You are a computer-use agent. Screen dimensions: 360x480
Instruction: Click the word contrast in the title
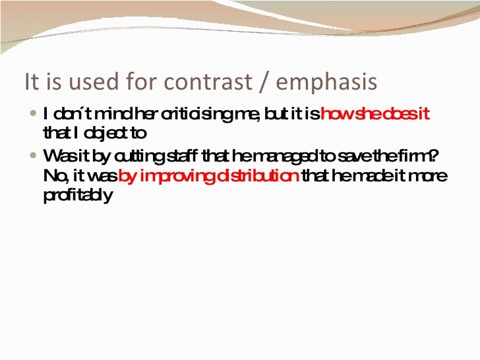(207, 82)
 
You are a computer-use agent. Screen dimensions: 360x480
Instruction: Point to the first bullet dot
(34, 114)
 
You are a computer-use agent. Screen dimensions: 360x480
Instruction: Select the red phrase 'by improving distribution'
(209, 177)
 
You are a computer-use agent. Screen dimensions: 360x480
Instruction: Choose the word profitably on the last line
(76, 196)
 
